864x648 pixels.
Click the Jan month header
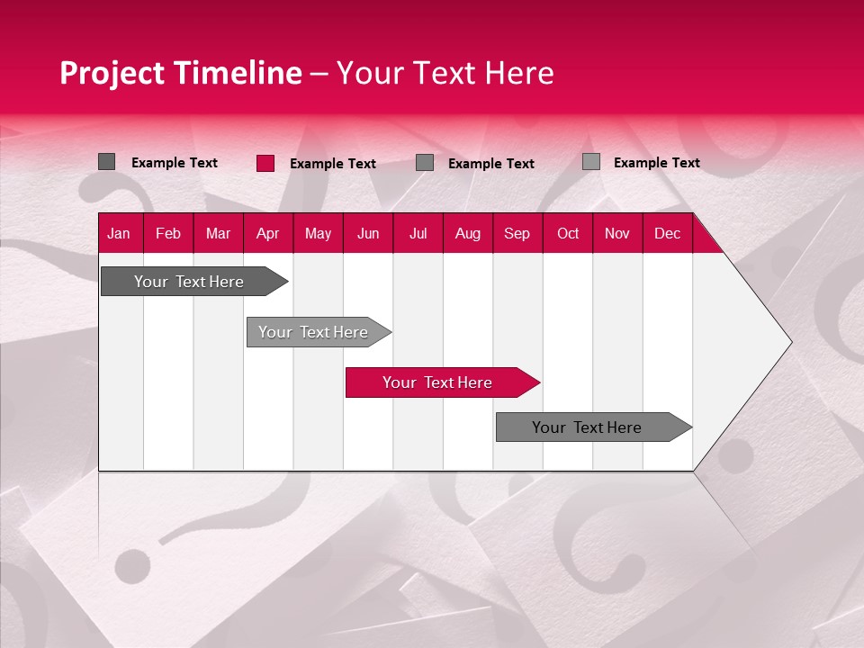(x=119, y=234)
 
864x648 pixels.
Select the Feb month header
(x=168, y=234)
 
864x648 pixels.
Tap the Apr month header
(x=267, y=234)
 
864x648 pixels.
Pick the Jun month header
(x=368, y=234)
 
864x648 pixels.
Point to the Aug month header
(x=467, y=234)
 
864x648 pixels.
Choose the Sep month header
(x=517, y=234)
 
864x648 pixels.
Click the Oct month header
(x=568, y=234)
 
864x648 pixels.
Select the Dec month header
(x=667, y=234)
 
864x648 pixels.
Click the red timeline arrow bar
(x=441, y=382)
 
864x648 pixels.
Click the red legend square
(x=265, y=163)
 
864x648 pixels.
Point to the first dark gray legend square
(x=106, y=162)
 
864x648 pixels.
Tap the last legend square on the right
(x=591, y=162)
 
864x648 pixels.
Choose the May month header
(x=318, y=234)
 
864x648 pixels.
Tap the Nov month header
(x=617, y=234)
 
